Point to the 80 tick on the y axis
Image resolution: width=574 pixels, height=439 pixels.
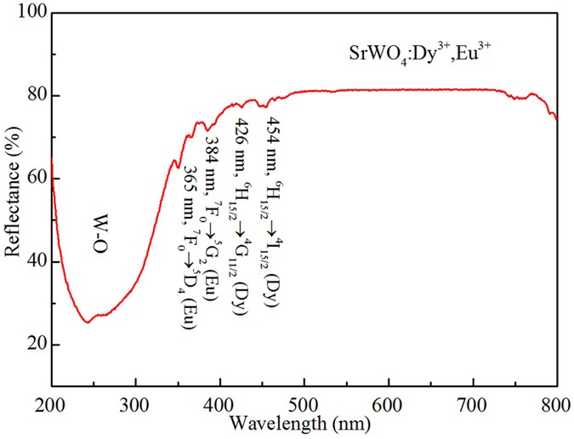[30, 96]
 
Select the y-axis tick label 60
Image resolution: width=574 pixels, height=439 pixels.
[30, 179]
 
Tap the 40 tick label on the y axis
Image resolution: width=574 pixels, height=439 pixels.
[30, 262]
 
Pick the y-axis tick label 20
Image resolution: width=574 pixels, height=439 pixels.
[30, 345]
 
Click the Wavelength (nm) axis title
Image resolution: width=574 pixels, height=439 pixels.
[303, 423]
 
